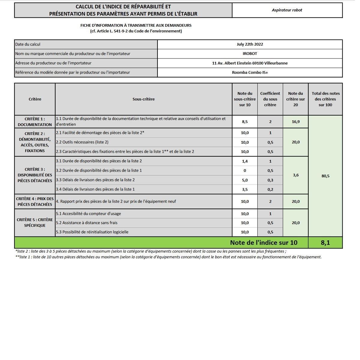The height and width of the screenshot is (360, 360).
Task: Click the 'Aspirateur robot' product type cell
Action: pos(287,10)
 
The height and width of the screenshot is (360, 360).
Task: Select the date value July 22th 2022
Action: pos(250,44)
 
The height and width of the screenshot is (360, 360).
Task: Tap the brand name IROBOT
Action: pos(250,54)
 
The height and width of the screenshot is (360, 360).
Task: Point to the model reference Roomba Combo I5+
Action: pos(250,72)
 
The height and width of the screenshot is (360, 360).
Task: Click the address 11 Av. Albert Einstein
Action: pos(250,63)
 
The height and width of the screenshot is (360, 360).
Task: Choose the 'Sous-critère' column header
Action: pos(143,99)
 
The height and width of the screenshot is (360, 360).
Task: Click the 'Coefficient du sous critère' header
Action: pos(270,99)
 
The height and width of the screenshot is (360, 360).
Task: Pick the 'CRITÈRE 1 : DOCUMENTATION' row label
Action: pos(35,122)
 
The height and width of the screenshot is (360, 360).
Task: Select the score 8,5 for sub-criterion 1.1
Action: pos(245,122)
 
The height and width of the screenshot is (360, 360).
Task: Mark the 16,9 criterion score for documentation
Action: pos(295,122)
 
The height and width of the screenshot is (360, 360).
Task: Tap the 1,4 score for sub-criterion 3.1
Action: pos(245,161)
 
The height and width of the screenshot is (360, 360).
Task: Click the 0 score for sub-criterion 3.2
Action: pos(245,171)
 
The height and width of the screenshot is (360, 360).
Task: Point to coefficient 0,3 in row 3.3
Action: pos(270,180)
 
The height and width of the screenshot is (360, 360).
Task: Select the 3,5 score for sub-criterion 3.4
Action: pos(245,190)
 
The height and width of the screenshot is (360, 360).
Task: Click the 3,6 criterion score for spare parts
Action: pos(295,175)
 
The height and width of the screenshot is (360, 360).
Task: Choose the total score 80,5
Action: pos(325,176)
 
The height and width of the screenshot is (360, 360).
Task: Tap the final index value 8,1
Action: pos(325,243)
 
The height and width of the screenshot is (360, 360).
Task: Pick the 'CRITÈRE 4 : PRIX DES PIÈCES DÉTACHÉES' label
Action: pos(35,202)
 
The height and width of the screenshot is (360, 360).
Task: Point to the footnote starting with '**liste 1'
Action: pos(168,257)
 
